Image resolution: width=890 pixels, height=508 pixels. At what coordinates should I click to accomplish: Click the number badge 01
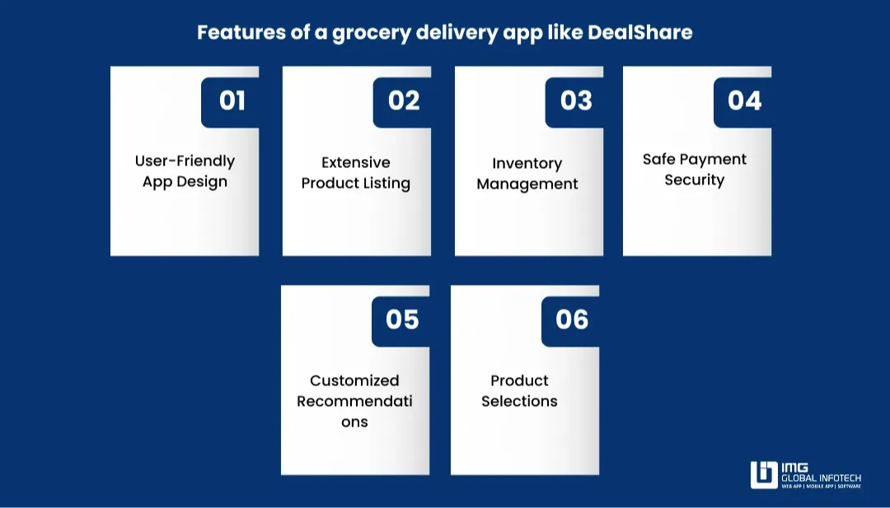click(232, 101)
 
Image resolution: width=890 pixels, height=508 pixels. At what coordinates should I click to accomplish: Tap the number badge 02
click(404, 101)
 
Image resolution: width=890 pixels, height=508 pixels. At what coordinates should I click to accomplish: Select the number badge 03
click(576, 101)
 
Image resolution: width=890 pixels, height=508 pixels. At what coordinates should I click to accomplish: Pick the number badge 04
click(744, 101)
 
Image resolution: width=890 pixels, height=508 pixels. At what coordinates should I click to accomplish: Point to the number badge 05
click(402, 319)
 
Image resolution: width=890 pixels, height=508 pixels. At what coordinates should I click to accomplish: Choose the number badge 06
click(572, 319)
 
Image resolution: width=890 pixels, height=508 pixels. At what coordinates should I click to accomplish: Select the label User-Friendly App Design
click(185, 171)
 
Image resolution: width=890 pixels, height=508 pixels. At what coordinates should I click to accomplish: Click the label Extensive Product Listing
click(356, 173)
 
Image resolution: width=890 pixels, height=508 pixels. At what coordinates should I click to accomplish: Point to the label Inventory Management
click(527, 174)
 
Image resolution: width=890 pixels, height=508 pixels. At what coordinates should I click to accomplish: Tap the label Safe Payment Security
click(695, 170)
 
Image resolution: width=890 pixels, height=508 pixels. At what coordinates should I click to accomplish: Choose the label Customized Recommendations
click(354, 401)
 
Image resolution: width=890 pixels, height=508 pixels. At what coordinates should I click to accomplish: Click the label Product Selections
click(519, 391)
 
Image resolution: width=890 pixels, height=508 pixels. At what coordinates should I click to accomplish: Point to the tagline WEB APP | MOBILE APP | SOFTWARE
click(822, 487)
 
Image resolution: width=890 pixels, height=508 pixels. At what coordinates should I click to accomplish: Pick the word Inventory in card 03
click(527, 164)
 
